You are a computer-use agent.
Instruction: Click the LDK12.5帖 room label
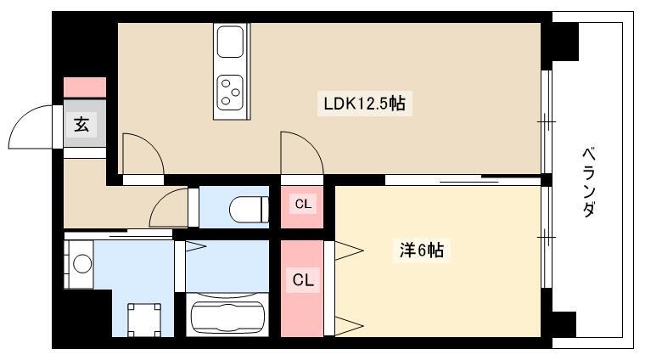point(364,104)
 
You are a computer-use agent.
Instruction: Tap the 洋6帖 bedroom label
point(421,250)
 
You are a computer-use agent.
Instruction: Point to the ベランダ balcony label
point(589,182)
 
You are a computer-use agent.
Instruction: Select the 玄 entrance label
point(81,124)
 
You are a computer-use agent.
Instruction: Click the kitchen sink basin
point(230,42)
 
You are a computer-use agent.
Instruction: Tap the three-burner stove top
point(230,93)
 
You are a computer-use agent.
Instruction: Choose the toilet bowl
point(248,210)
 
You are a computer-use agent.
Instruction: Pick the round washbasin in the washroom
point(82,264)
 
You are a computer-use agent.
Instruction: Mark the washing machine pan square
point(144,320)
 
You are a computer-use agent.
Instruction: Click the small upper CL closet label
point(303,204)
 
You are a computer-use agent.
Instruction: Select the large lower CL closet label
point(303,280)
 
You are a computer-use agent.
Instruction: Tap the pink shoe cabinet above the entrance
point(85,87)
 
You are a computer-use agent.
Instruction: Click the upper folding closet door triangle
point(349,250)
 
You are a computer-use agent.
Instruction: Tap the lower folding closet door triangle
point(349,326)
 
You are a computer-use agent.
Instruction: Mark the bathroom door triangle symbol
point(195,246)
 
